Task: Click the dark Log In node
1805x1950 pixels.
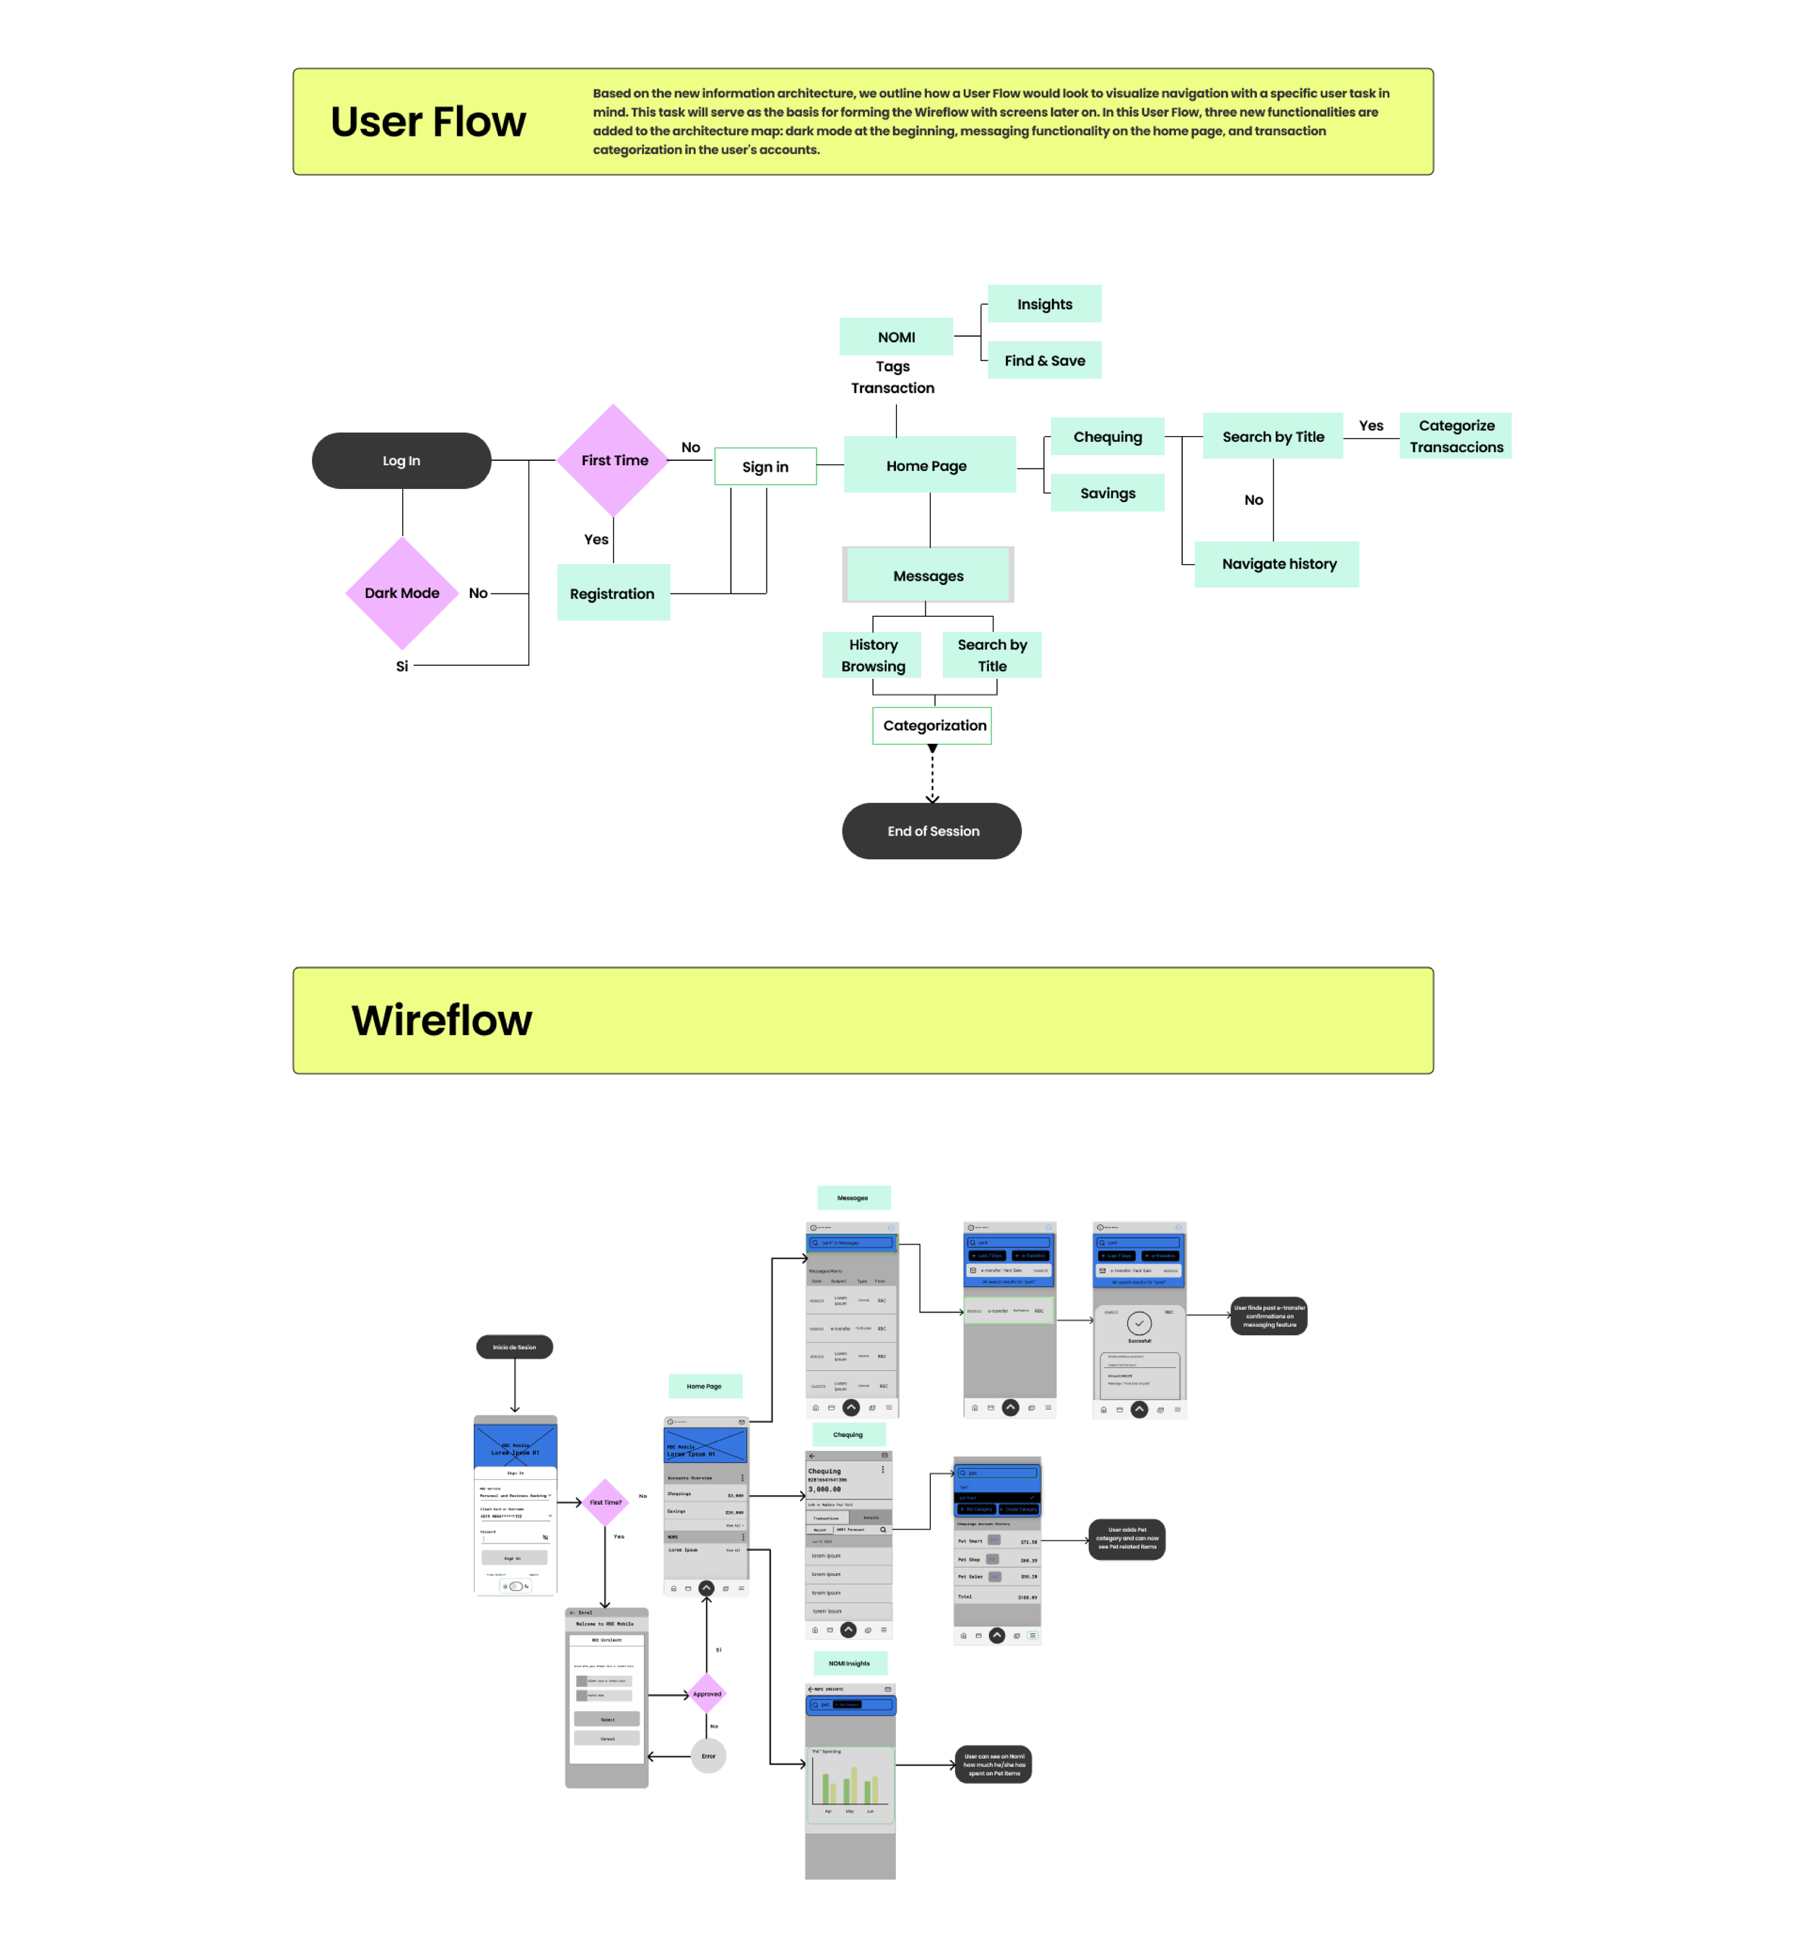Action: click(401, 460)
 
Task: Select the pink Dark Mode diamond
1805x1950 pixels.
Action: click(401, 593)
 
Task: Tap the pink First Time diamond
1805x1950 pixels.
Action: click(614, 460)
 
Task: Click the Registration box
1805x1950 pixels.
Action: click(612, 593)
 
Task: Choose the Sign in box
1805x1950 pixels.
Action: click(765, 467)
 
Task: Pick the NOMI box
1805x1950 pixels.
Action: click(896, 337)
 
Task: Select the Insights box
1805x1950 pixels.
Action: click(1044, 304)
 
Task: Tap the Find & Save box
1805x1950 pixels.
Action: click(1044, 360)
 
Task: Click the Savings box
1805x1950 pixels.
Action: click(1107, 493)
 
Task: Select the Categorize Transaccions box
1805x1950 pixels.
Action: click(1456, 435)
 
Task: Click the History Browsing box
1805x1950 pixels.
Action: click(872, 654)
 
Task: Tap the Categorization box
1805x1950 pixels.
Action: click(933, 725)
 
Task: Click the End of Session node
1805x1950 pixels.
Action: click(932, 831)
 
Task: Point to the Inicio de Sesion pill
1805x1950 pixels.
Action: click(514, 1346)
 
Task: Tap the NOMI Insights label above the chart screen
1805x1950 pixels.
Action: click(850, 1663)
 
